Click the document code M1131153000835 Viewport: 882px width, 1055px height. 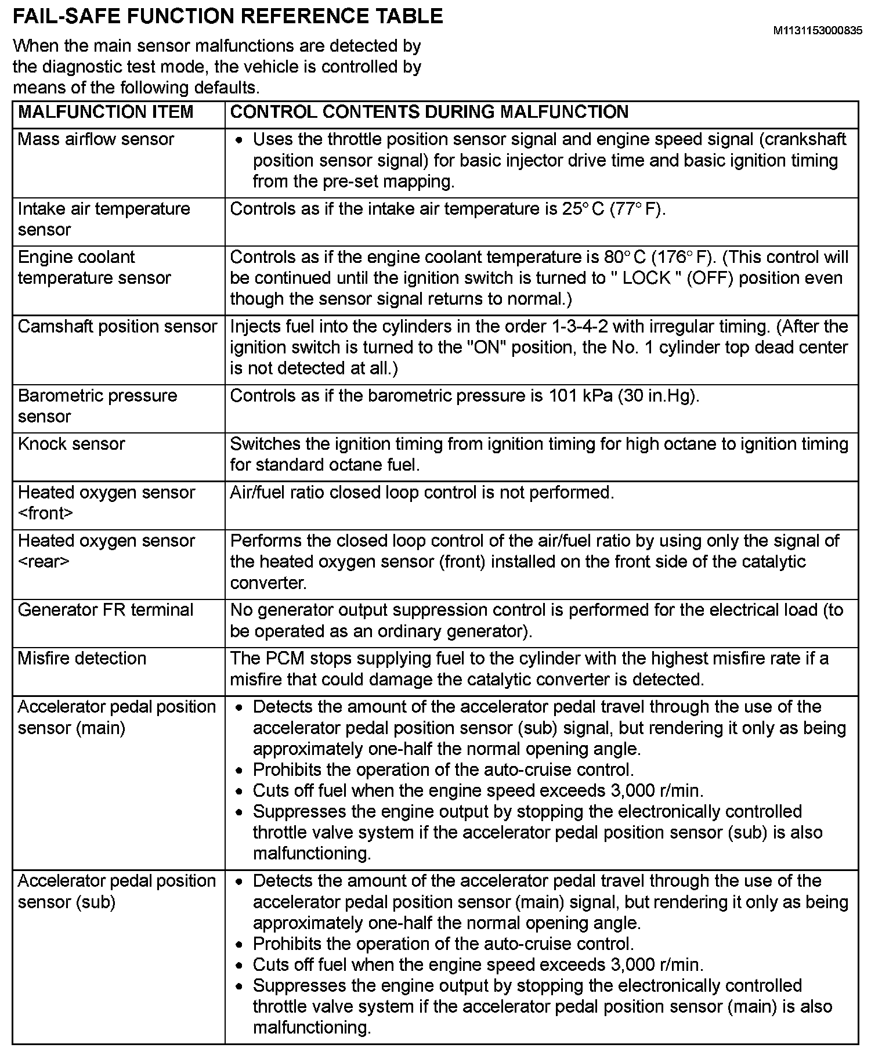point(817,31)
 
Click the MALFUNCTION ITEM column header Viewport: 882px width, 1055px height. point(106,112)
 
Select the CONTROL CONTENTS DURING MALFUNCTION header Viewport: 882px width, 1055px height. point(429,112)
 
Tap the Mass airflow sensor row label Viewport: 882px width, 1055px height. point(96,140)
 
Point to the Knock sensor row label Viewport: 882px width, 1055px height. point(71,445)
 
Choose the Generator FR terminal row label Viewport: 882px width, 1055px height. point(106,610)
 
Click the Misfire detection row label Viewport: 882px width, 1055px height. point(82,659)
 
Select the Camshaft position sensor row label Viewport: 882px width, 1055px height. point(117,327)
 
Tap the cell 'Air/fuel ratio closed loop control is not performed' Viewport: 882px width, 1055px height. point(422,493)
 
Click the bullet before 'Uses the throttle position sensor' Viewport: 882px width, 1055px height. point(241,141)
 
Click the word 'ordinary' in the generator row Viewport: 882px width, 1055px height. point(411,631)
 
